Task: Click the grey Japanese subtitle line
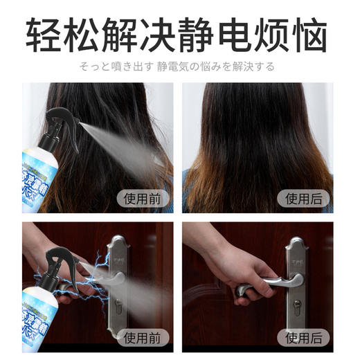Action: pos(179,67)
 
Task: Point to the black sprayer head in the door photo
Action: pos(59,260)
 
